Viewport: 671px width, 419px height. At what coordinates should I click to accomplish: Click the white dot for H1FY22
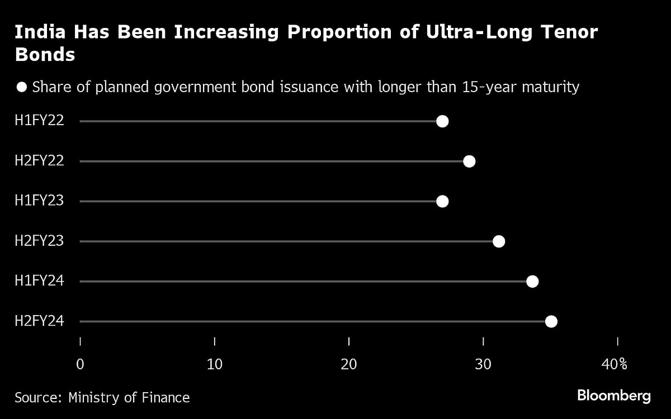click(x=442, y=121)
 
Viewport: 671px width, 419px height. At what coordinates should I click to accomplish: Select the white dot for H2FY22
click(x=469, y=161)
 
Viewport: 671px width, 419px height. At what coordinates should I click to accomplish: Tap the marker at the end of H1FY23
click(x=442, y=201)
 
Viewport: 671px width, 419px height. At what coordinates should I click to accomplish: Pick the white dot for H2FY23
click(x=499, y=241)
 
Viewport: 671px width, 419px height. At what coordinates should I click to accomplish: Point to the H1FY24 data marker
click(x=532, y=281)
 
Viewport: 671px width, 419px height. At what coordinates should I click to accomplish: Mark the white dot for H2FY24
click(x=551, y=321)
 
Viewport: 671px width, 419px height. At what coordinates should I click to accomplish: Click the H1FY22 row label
click(x=39, y=121)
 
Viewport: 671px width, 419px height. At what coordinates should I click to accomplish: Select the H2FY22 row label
click(x=39, y=161)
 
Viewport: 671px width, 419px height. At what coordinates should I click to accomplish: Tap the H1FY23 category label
click(x=39, y=201)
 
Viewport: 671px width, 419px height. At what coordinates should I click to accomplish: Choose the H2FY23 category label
click(x=39, y=241)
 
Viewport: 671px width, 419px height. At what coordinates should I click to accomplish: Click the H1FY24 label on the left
click(x=39, y=281)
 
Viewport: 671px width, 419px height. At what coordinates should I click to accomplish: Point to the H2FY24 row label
click(x=39, y=321)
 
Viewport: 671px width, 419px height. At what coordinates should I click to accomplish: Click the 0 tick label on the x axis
click(x=81, y=364)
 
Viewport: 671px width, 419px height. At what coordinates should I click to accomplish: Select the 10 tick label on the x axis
click(x=215, y=364)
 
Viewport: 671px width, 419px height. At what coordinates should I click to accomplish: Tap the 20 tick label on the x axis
click(x=349, y=364)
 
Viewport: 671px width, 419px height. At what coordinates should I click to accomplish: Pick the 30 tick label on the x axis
click(x=483, y=364)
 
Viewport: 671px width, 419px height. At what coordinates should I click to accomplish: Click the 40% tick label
click(x=614, y=364)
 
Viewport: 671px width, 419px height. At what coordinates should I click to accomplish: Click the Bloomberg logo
click(x=613, y=396)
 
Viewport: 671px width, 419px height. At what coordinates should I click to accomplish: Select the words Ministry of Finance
click(x=129, y=398)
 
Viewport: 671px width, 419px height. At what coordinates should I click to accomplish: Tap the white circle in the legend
click(x=22, y=87)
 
